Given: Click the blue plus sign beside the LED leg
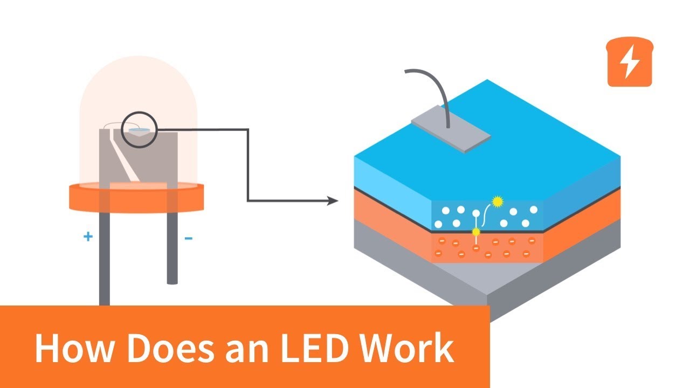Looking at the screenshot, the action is coord(88,236).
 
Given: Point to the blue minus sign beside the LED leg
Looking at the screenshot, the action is coord(189,237).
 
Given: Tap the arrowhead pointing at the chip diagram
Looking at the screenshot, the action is coord(332,201).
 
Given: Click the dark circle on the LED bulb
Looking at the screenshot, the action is coord(139,129).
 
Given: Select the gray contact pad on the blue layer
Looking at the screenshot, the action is coord(451,132).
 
